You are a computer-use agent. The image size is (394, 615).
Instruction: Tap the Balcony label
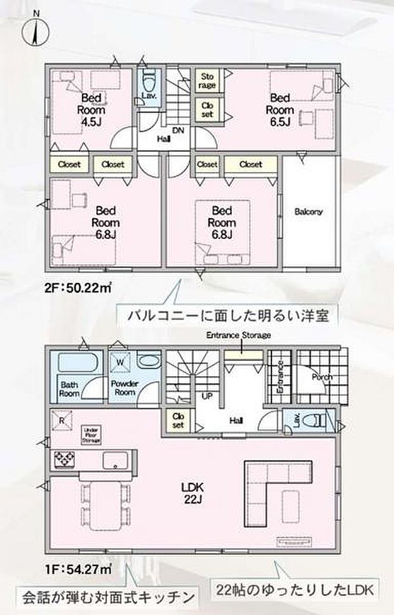click(308, 212)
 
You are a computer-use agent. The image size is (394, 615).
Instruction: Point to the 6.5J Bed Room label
click(280, 109)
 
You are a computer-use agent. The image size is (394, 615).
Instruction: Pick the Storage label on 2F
click(208, 81)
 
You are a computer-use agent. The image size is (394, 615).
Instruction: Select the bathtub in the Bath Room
click(77, 365)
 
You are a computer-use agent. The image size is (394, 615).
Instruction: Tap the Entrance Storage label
click(238, 335)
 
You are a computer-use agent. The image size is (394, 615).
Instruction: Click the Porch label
click(322, 376)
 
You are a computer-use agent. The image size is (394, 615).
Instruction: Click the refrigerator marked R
click(62, 419)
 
